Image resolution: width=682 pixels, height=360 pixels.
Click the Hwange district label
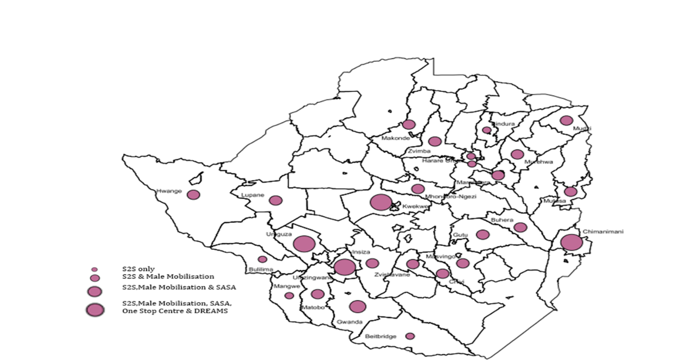(x=169, y=191)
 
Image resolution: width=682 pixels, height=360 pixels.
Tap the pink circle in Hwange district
(x=193, y=195)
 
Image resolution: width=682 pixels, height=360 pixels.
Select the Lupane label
(x=252, y=195)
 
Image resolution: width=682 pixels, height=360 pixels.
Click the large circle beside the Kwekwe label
(x=381, y=202)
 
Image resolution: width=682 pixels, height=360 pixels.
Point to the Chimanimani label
(x=603, y=231)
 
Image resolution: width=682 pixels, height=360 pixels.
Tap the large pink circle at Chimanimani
(x=571, y=242)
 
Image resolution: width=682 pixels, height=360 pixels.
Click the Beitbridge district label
(x=381, y=336)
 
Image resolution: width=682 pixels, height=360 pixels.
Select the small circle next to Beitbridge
(x=410, y=336)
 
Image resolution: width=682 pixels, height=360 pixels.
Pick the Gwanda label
(x=349, y=322)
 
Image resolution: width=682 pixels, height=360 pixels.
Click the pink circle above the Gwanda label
(x=357, y=306)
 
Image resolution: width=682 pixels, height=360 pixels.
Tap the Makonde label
(x=396, y=138)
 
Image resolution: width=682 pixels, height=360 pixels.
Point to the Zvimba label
(x=419, y=151)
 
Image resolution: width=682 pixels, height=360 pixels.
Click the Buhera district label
(x=502, y=220)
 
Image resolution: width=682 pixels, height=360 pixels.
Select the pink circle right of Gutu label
(x=482, y=235)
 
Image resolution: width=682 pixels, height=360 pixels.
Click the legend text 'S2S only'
(x=138, y=269)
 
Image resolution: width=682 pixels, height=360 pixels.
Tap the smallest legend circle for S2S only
(x=95, y=269)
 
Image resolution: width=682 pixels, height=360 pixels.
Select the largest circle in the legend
(x=95, y=310)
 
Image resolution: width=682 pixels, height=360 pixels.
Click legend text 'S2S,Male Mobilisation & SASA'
(x=179, y=287)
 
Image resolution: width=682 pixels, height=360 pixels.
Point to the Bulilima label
(x=261, y=269)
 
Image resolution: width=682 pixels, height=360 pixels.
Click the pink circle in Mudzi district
(x=566, y=120)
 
